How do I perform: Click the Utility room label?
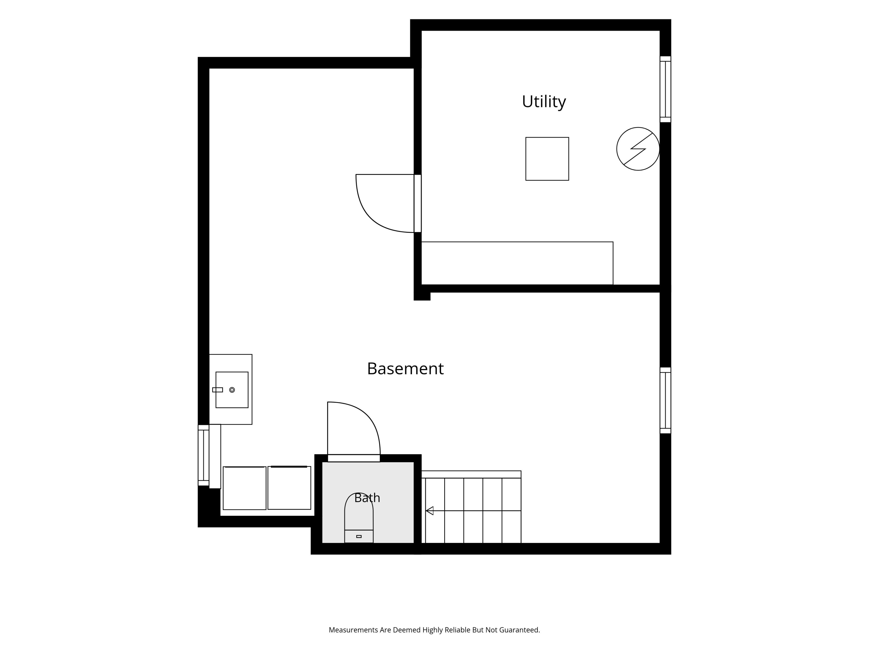[544, 102]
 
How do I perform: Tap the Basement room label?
[405, 369]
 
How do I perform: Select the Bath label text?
[367, 498]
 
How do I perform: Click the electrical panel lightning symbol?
[638, 149]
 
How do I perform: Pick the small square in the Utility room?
[547, 159]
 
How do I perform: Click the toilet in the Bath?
[359, 518]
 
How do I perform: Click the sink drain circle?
[232, 390]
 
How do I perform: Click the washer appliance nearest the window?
[244, 488]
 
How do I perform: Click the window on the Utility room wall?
[665, 89]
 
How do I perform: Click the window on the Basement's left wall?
[203, 455]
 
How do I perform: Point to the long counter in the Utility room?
[517, 263]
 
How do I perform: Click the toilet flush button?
[359, 537]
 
